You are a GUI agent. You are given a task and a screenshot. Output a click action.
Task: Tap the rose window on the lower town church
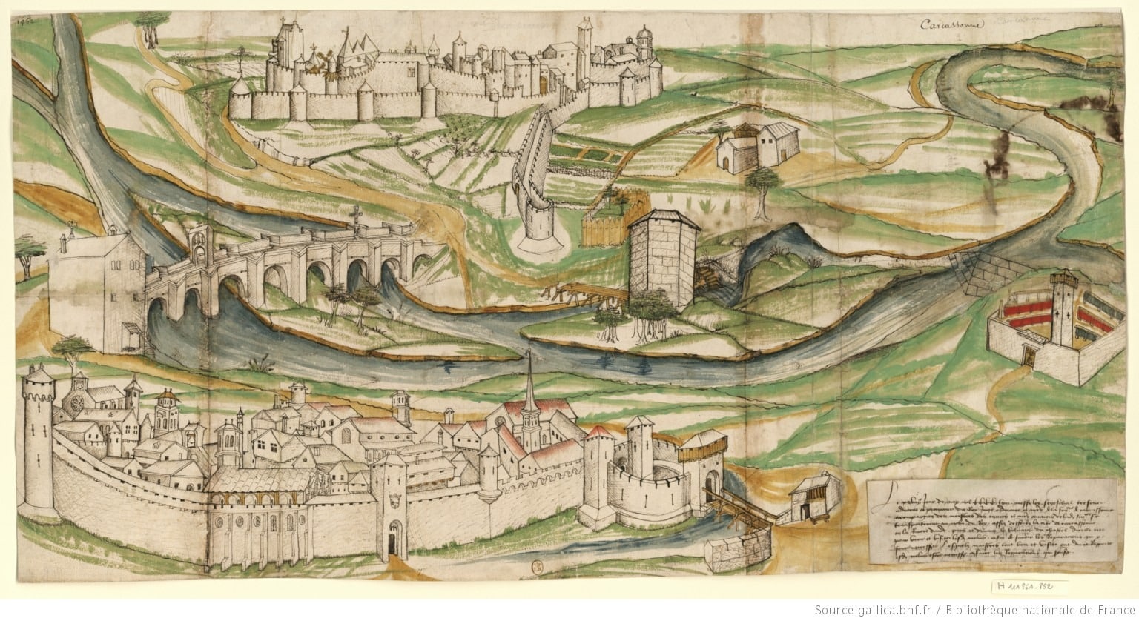[x=76, y=405]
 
